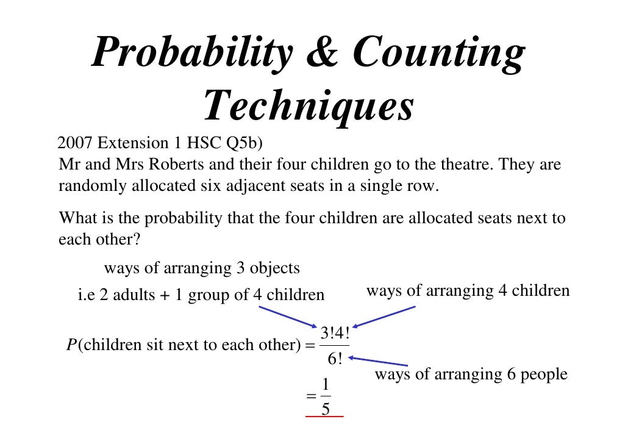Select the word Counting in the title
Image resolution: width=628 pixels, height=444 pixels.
tap(438, 53)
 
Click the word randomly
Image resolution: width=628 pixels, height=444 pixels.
tap(92, 186)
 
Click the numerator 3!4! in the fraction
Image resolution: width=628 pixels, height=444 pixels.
tap(335, 333)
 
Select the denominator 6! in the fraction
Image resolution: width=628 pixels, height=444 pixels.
tap(335, 359)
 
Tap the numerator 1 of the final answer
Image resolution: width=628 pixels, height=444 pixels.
tap(326, 385)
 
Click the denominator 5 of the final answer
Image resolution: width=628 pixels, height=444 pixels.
tap(326, 409)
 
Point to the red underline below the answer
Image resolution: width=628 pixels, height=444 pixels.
tap(324, 417)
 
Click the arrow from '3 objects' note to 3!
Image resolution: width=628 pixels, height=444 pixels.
tap(287, 316)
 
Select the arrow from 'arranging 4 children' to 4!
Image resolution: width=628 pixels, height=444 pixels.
tap(384, 317)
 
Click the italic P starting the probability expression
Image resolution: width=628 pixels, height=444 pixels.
tap(71, 345)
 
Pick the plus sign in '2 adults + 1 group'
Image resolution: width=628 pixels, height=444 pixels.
tap(163, 296)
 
